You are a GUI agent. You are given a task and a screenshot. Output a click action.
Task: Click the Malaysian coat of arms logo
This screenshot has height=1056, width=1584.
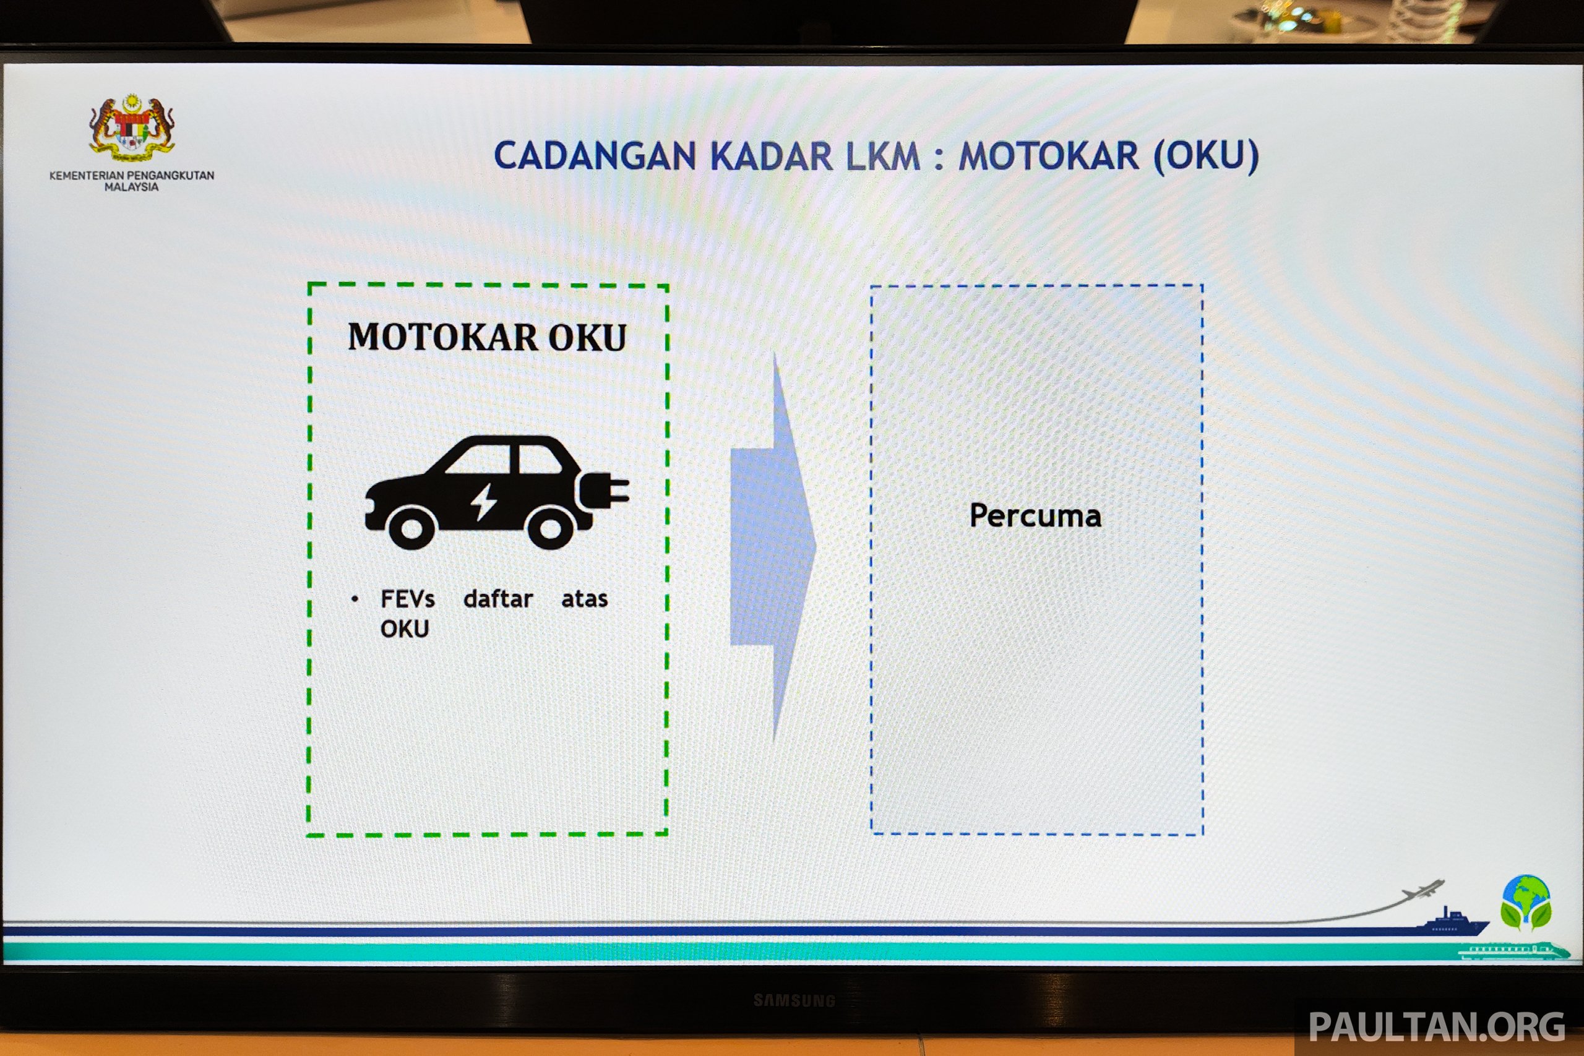(132, 128)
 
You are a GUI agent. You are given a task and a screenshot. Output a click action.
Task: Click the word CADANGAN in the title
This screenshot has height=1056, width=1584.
(595, 157)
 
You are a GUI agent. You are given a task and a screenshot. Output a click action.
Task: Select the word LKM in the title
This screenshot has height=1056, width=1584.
(883, 157)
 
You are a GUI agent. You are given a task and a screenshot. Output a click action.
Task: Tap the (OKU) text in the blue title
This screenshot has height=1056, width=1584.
(1205, 157)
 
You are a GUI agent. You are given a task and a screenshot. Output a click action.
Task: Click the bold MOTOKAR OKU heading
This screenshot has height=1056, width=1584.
(487, 337)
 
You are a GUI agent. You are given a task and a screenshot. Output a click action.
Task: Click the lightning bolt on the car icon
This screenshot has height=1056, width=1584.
(483, 502)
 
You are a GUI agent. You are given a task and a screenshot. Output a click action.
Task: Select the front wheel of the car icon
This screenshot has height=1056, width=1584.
(411, 527)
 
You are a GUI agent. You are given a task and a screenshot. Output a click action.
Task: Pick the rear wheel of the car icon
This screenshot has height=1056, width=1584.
(550, 527)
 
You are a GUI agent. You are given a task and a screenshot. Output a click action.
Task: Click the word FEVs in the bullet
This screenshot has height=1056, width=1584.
(408, 599)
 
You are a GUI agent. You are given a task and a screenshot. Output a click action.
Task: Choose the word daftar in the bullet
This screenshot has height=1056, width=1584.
(498, 598)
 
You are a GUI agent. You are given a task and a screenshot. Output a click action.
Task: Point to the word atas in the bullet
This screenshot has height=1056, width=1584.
(585, 599)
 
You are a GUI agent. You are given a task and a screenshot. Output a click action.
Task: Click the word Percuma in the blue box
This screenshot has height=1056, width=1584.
(1035, 516)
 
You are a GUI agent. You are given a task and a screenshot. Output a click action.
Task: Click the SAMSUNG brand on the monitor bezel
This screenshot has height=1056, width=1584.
(794, 1001)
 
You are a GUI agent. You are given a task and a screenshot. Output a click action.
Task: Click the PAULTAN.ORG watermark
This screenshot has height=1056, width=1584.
(1437, 1027)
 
